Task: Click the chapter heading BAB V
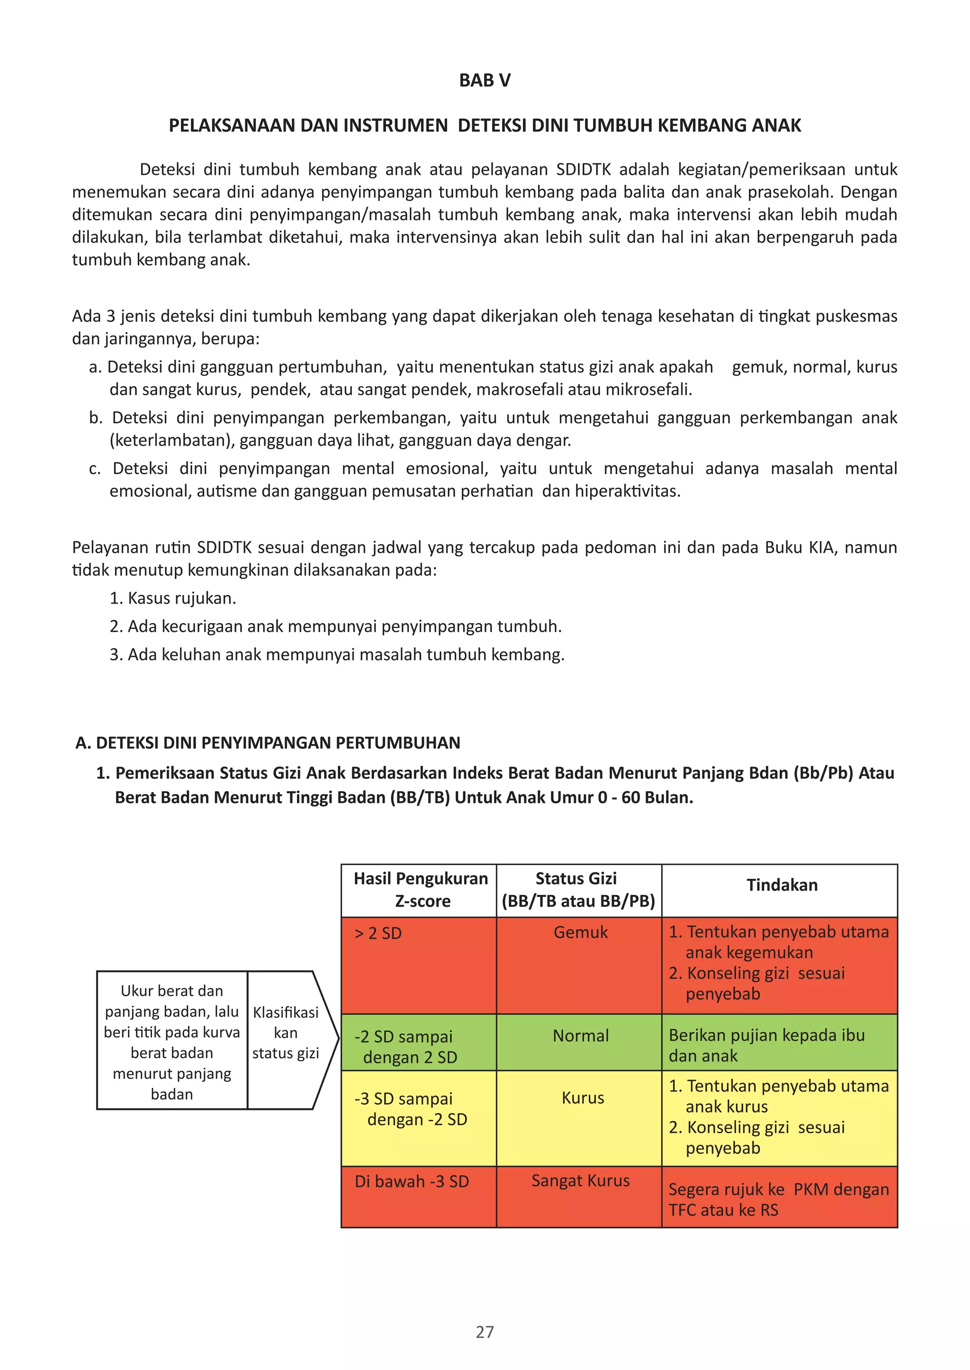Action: tap(485, 80)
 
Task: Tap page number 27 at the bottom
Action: tap(485, 1331)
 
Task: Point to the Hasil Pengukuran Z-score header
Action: tap(421, 890)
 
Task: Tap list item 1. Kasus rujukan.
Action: tap(173, 598)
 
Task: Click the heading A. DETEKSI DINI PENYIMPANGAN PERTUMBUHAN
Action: tap(268, 743)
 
